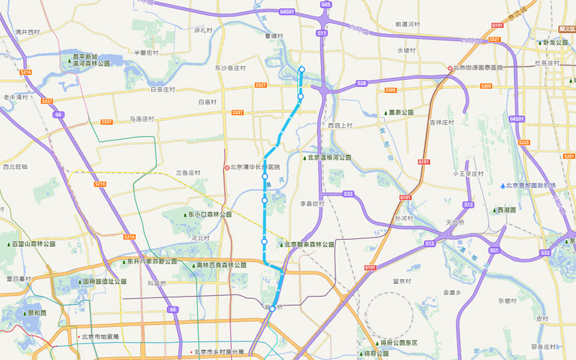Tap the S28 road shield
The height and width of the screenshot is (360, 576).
[361, 84]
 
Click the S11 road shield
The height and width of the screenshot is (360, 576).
[322, 33]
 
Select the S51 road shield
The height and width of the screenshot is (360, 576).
[495, 250]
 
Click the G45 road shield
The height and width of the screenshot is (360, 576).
[326, 4]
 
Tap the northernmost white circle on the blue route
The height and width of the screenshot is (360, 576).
[302, 70]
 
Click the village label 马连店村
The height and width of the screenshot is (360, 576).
[142, 118]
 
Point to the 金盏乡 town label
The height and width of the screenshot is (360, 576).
[451, 292]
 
